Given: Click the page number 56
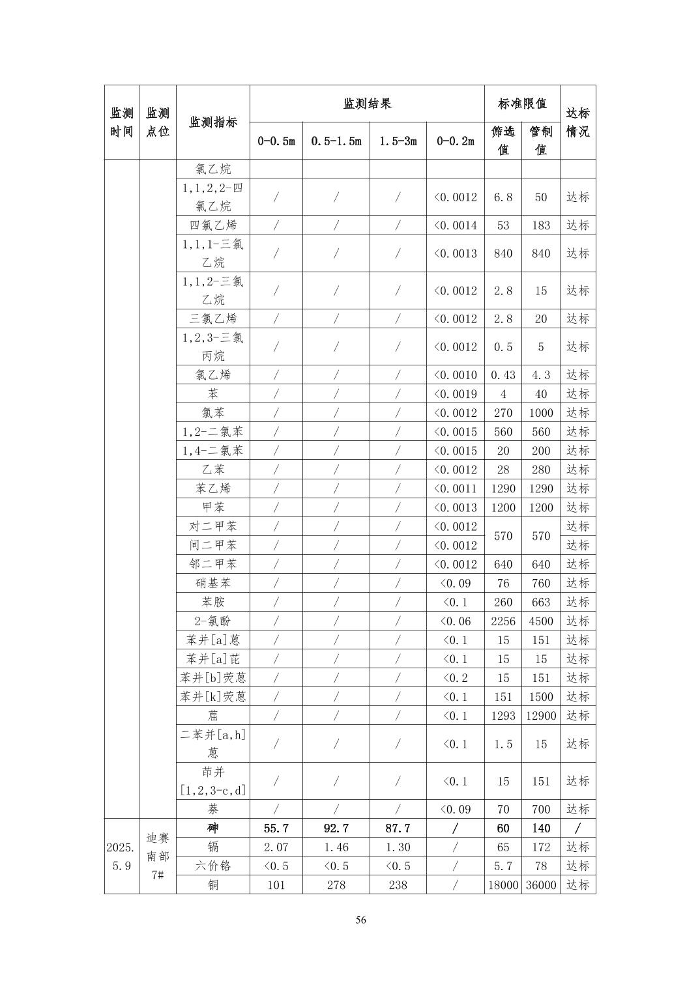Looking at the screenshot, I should [360, 920].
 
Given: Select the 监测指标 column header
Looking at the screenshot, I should [213, 122].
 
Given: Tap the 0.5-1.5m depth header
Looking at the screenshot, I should [336, 141].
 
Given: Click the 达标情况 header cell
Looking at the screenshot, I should [577, 122].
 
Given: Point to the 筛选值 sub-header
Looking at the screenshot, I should [503, 141].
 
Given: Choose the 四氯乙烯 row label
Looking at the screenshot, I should [213, 225].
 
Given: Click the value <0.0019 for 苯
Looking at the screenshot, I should [456, 394].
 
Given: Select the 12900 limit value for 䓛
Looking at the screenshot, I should [541, 716].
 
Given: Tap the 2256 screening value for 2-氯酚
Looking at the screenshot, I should [503, 621].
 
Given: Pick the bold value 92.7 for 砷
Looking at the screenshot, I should [336, 828].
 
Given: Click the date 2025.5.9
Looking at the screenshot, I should [122, 856].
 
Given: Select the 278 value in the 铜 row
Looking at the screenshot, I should [336, 885].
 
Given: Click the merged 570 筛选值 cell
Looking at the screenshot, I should [503, 536].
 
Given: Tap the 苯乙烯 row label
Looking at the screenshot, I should [213, 488].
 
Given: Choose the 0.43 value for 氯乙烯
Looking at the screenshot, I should [503, 375].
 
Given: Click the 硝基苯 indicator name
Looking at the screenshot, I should [213, 584].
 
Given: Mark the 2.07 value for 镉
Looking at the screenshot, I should [276, 847].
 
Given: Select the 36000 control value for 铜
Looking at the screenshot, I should [541, 885].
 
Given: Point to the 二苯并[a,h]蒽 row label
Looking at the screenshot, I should [213, 744].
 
